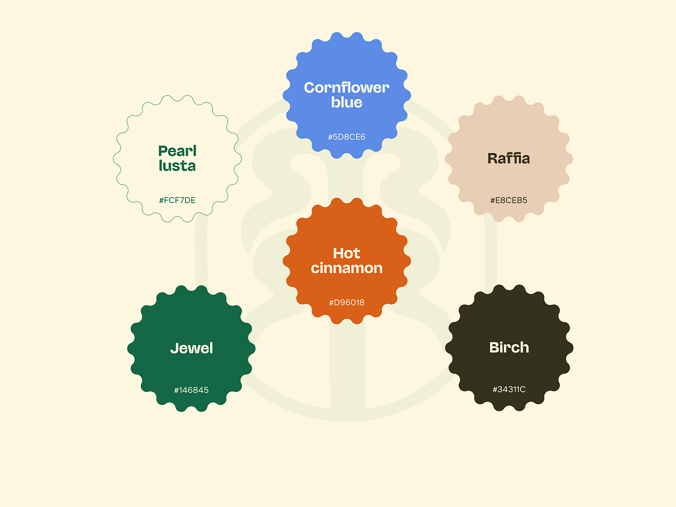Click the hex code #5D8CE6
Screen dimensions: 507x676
346,137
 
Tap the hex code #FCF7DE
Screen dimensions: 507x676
177,200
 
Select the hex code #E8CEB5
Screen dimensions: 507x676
509,200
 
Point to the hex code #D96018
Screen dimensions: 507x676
346,303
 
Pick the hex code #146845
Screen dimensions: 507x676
192,390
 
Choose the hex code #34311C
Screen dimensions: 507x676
509,389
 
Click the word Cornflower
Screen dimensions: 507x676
346,87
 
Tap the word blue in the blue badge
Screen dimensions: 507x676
346,103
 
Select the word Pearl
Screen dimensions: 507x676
177,151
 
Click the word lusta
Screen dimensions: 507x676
177,166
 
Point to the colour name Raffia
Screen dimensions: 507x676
509,158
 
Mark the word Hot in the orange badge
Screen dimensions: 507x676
346,253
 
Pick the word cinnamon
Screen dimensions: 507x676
346,268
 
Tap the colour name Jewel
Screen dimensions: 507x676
192,348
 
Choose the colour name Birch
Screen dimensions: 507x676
509,348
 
